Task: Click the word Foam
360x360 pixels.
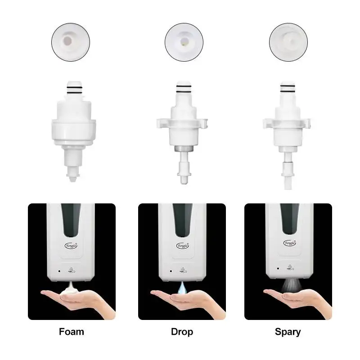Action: (72, 332)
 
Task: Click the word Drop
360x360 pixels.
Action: (182, 332)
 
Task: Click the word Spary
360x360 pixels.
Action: (288, 332)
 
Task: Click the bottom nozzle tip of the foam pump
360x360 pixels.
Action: (72, 178)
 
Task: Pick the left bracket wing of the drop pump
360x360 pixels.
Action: (160, 121)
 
